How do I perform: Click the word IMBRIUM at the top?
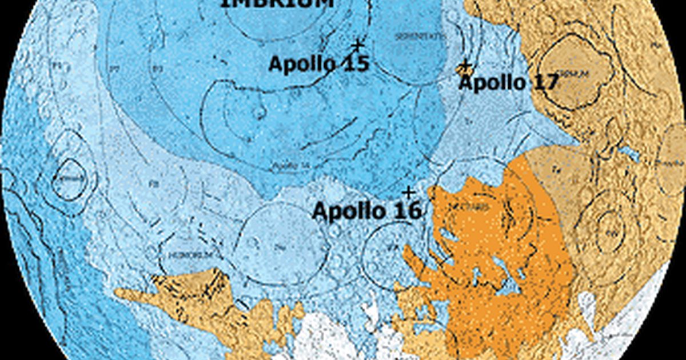(x=277, y=3)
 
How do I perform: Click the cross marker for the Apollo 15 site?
(x=358, y=45)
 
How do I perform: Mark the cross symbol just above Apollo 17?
(x=466, y=65)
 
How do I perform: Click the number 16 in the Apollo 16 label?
(x=407, y=211)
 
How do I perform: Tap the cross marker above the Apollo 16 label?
(x=408, y=191)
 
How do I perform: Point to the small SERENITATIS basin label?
(x=412, y=36)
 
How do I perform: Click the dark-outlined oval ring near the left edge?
(x=69, y=180)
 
